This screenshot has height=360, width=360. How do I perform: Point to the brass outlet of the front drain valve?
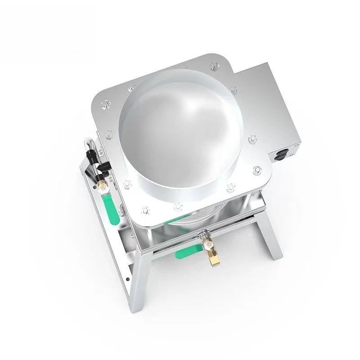211,258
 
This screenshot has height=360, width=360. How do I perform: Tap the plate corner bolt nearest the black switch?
257,170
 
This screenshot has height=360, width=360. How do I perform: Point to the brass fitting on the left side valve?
102,184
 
